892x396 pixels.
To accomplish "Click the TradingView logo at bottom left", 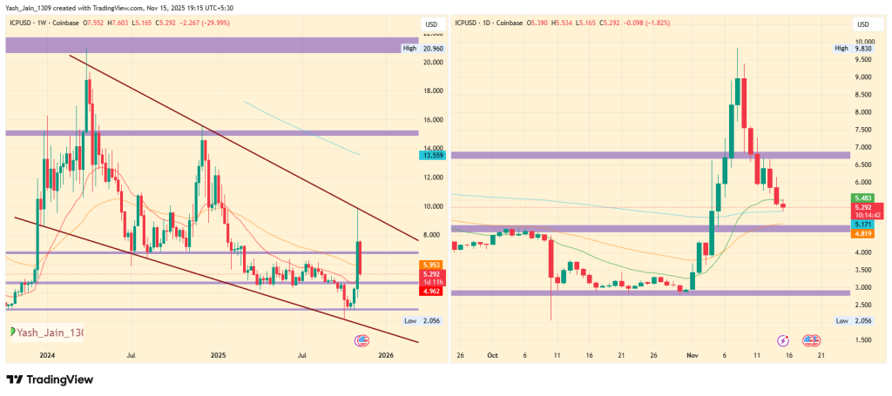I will tap(51, 379).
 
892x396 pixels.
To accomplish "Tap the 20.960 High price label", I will tap(432, 49).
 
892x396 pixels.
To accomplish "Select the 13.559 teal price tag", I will tap(432, 155).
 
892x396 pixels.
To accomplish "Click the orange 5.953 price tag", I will tap(432, 265).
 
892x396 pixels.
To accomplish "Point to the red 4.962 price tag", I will tap(432, 291).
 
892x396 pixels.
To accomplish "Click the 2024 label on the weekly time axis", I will tap(47, 355).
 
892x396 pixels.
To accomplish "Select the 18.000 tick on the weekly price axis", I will tap(432, 91).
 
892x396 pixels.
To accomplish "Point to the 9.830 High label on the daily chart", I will tap(863, 49).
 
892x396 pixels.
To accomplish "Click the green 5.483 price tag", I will tap(863, 198).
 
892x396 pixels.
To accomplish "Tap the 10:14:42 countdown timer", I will tap(863, 215).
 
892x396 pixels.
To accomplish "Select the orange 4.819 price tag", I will tap(863, 233).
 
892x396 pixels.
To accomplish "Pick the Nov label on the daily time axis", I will tap(693, 355).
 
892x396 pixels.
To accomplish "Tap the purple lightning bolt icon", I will tap(783, 339).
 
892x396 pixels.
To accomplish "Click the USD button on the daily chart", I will tap(863, 23).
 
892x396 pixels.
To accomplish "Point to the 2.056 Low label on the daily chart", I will tap(863, 321).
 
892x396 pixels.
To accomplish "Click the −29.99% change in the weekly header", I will tap(231, 23).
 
